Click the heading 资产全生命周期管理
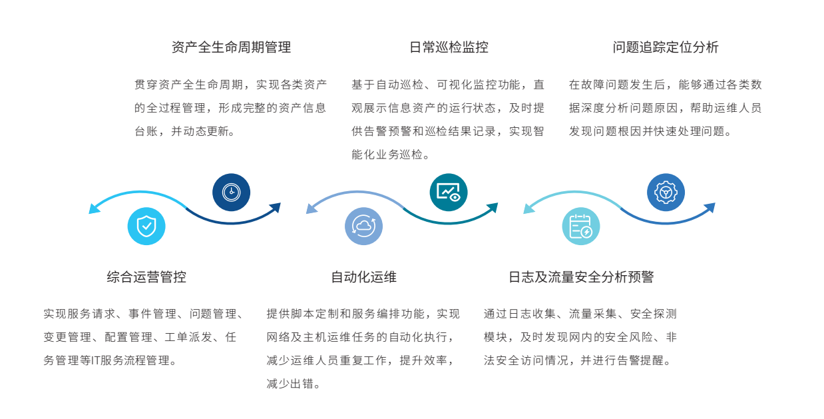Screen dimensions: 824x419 click(x=231, y=47)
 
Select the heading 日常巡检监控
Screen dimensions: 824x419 click(x=449, y=47)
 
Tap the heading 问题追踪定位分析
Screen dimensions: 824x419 click(x=666, y=47)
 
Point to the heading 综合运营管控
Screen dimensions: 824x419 click(x=146, y=277)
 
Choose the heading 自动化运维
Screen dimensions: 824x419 click(x=364, y=277)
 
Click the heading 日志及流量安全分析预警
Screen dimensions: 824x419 click(x=581, y=277)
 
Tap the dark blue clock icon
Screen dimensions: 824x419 click(x=231, y=193)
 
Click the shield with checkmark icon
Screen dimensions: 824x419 click(x=146, y=226)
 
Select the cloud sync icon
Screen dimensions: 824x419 click(x=364, y=226)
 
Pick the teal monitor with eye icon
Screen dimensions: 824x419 click(x=449, y=193)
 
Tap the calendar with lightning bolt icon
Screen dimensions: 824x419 click(x=581, y=226)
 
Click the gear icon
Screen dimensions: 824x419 click(x=666, y=193)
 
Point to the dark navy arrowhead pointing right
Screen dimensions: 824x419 click(x=276, y=208)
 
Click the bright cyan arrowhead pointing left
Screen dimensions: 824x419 click(x=94, y=209)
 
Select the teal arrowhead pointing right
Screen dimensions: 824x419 click(x=493, y=208)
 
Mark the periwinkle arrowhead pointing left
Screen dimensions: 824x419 click(x=311, y=209)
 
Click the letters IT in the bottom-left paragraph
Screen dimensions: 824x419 click(x=95, y=360)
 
